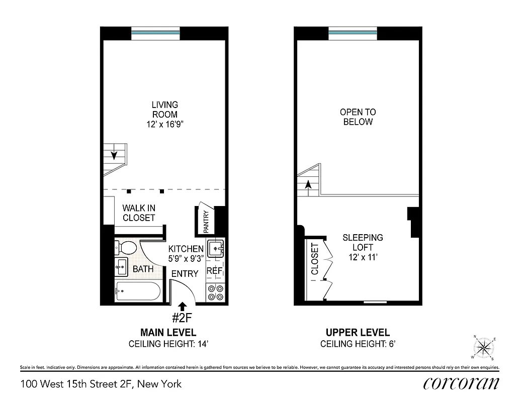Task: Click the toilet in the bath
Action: pyautogui.click(x=127, y=248)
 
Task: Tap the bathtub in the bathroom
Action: pyautogui.click(x=137, y=291)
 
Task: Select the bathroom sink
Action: pyautogui.click(x=121, y=268)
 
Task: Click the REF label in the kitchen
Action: pyautogui.click(x=214, y=271)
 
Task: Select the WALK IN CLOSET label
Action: pyautogui.click(x=139, y=213)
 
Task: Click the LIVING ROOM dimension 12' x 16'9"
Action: pyautogui.click(x=164, y=124)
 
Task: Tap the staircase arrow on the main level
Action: pyautogui.click(x=115, y=155)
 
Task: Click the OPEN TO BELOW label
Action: pyautogui.click(x=358, y=117)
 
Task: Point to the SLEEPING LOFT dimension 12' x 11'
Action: pyautogui.click(x=363, y=257)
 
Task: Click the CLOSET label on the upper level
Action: pyautogui.click(x=315, y=259)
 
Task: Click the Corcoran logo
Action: pyautogui.click(x=461, y=383)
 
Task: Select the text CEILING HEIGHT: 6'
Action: pyautogui.click(x=358, y=344)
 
